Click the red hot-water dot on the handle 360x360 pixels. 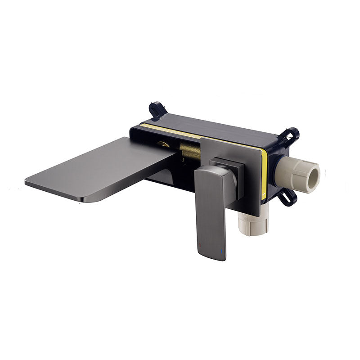click(x=199, y=246)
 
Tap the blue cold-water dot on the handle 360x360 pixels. click(x=221, y=250)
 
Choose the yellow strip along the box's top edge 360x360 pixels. click(x=180, y=130)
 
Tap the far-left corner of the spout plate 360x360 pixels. click(x=27, y=182)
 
